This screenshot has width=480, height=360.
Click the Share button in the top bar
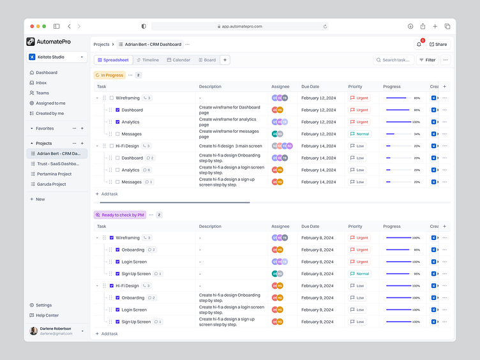438,45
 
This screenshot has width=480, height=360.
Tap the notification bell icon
419,45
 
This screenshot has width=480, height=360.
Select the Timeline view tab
147,60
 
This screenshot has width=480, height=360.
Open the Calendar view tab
179,60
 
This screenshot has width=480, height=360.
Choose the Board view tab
207,60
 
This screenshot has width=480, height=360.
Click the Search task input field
393,60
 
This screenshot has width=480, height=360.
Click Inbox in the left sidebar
41,83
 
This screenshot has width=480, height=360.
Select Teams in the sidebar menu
42,93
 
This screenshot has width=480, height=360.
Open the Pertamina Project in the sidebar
54,174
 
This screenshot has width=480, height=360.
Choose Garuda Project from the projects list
51,184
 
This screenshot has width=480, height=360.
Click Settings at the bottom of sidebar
43,305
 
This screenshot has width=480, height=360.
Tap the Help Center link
47,315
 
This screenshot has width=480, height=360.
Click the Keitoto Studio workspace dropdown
57,57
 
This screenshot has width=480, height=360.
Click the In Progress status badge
109,75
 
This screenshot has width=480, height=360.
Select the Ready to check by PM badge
120,215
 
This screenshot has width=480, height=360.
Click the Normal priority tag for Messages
359,134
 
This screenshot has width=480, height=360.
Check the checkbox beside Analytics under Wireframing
117,122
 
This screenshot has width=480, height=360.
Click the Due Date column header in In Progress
310,86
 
